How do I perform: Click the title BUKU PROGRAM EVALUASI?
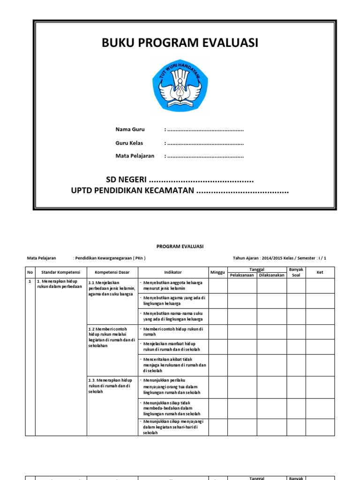[x=180, y=43]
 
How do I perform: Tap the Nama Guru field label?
[x=130, y=129]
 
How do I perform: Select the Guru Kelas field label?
[x=129, y=143]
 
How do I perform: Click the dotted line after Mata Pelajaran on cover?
[x=205, y=156]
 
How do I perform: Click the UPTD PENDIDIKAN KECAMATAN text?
[x=132, y=191]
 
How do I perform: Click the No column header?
[x=30, y=272]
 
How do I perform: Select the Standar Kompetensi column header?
[x=61, y=272]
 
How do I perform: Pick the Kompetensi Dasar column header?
[x=112, y=272]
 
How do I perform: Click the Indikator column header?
[x=173, y=272]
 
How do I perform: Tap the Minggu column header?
[x=218, y=272]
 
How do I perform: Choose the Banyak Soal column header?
[x=296, y=272]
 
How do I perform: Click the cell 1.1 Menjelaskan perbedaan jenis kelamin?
[x=112, y=288]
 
